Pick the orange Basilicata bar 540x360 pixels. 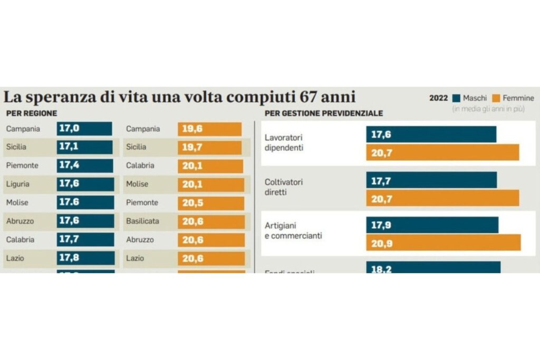tap(211, 221)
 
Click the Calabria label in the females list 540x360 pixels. tap(140, 166)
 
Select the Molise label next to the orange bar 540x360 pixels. tap(137, 184)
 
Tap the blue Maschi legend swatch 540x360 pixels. tap(456, 98)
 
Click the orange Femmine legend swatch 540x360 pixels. tap(495, 98)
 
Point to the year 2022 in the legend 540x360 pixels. tap(438, 98)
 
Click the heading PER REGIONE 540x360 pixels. tap(32, 113)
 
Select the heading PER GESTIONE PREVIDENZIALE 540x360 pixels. tap(324, 113)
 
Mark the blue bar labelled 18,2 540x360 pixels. tap(433, 267)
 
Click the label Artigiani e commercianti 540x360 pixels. tap(293, 230)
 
